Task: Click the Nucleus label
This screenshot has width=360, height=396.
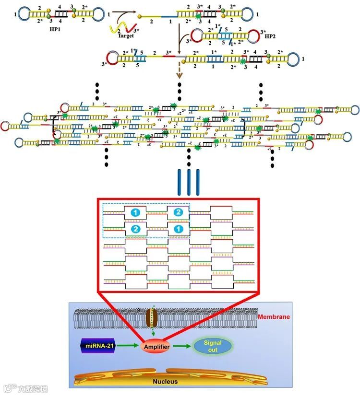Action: point(165,382)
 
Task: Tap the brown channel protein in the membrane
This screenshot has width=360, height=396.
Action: point(152,317)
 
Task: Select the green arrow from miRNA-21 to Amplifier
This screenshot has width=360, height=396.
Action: point(126,346)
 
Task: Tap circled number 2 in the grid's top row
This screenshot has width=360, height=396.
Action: point(178,211)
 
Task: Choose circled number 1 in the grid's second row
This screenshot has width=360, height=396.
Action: point(178,229)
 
